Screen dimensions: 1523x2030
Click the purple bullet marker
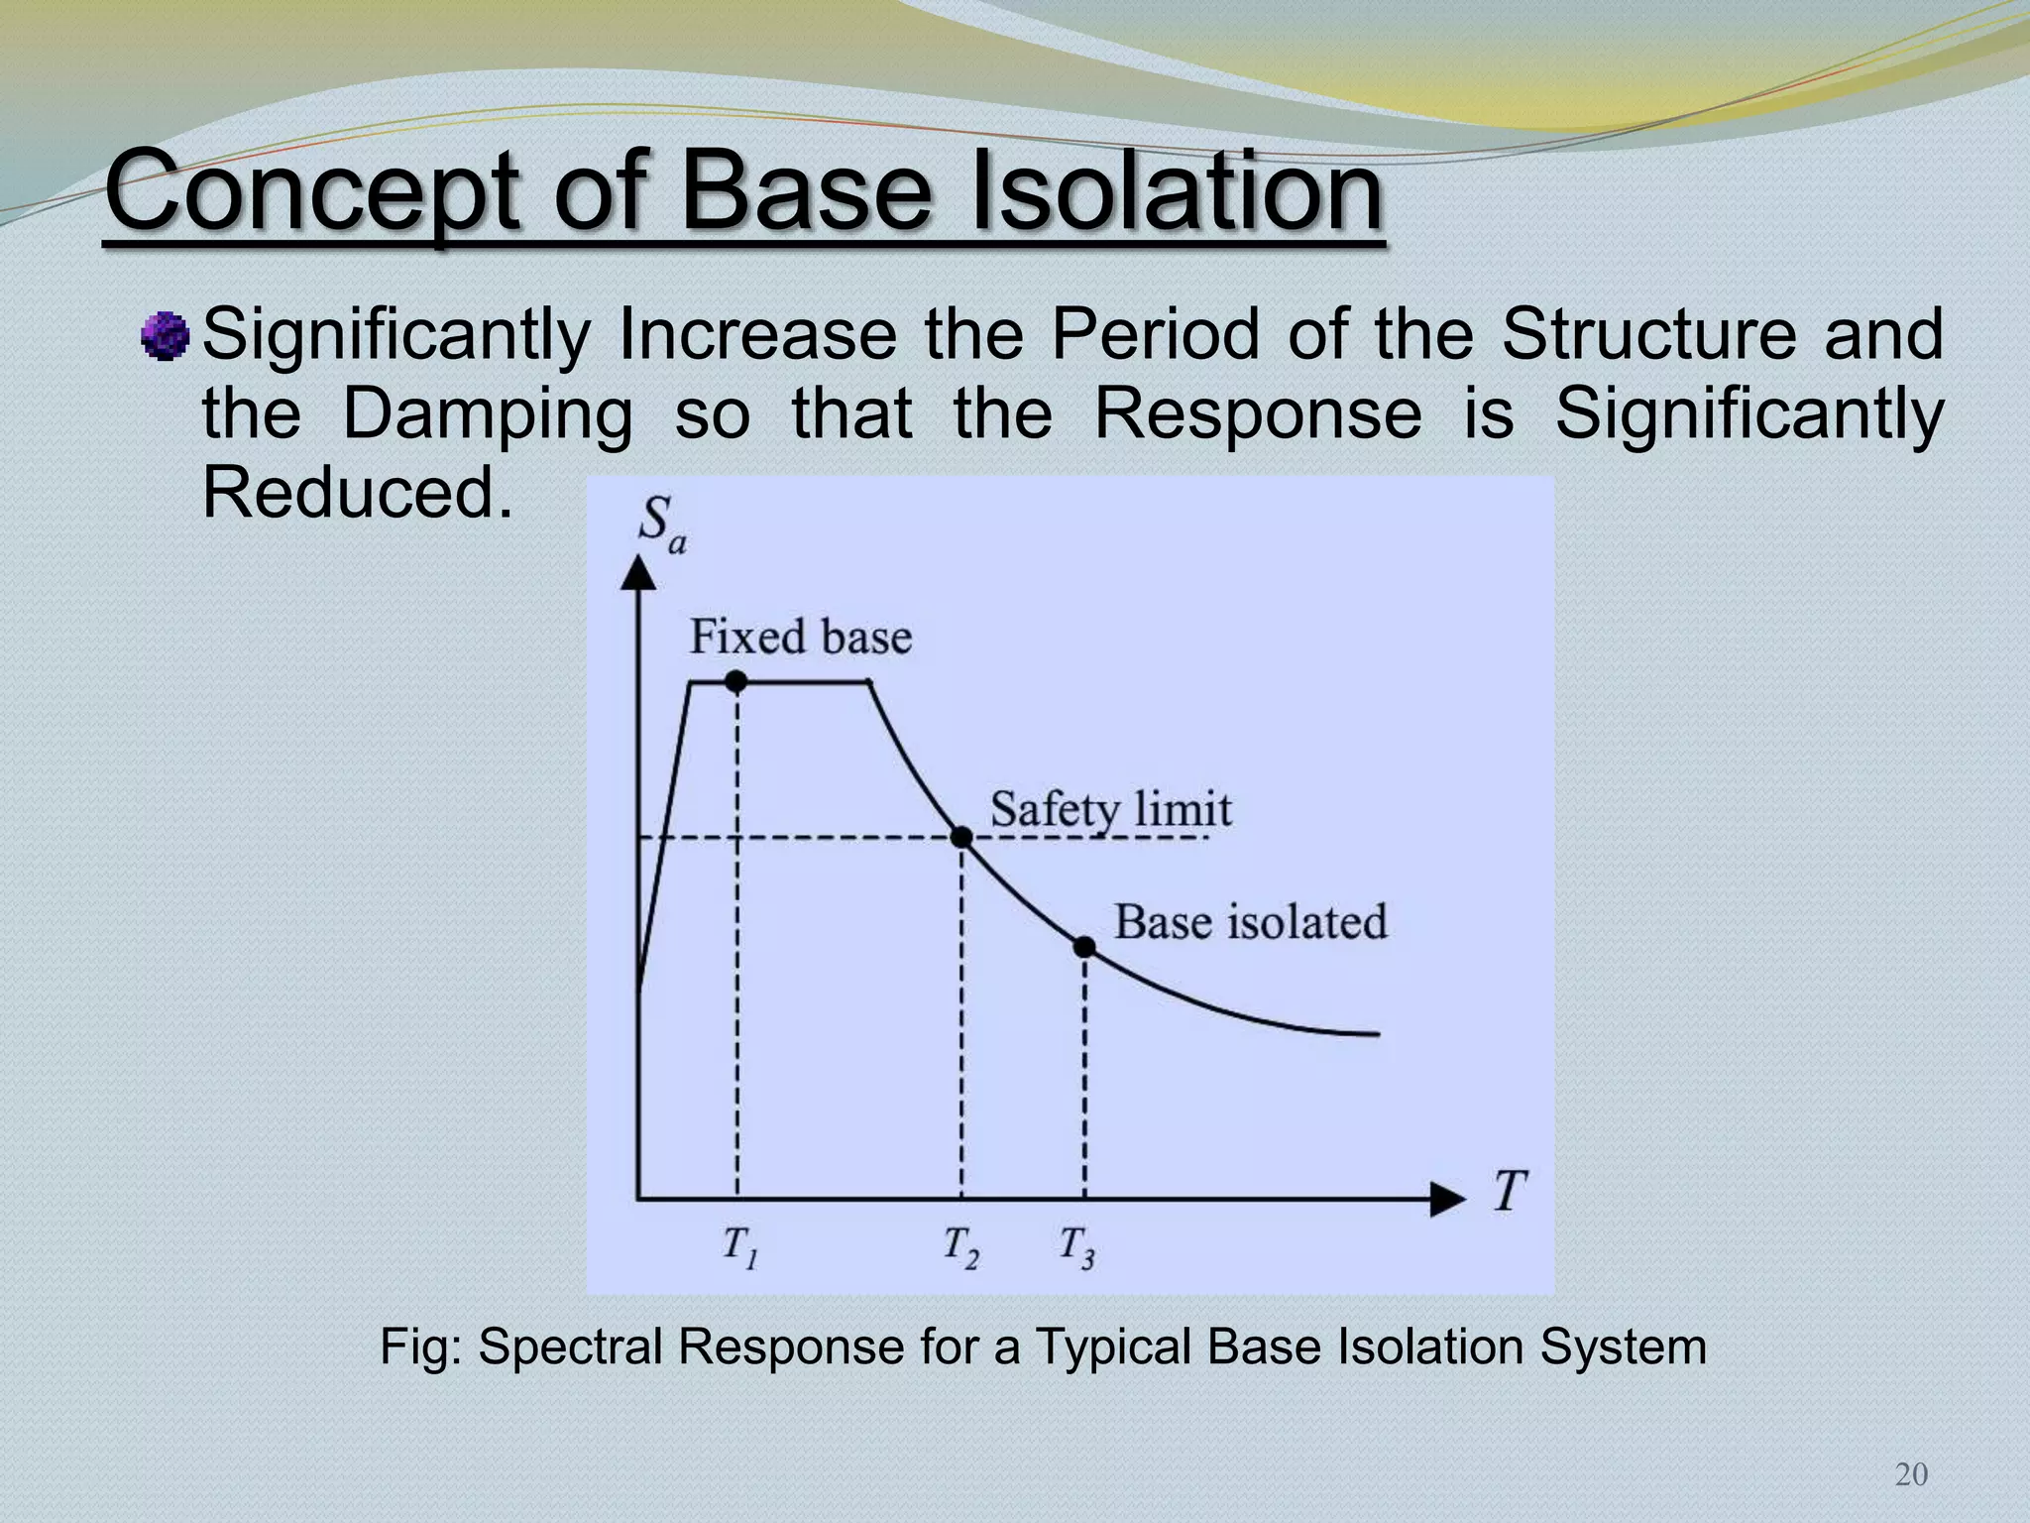coord(166,335)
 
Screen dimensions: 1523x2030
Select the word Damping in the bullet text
coord(487,415)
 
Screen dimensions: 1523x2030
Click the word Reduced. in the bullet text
coord(358,493)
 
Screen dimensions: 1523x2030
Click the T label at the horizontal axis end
coord(1510,1191)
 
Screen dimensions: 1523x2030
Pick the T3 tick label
coord(1077,1246)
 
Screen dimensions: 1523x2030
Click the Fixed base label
coord(800,637)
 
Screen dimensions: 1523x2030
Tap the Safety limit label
coord(1110,810)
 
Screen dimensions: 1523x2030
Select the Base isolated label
coord(1250,922)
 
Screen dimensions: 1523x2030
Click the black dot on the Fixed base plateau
coord(735,681)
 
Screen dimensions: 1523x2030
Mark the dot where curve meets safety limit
coord(960,837)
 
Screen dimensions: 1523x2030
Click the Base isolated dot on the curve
coord(1084,947)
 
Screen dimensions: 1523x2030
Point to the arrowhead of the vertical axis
coord(638,574)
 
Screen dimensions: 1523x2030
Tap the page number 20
coord(1911,1475)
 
